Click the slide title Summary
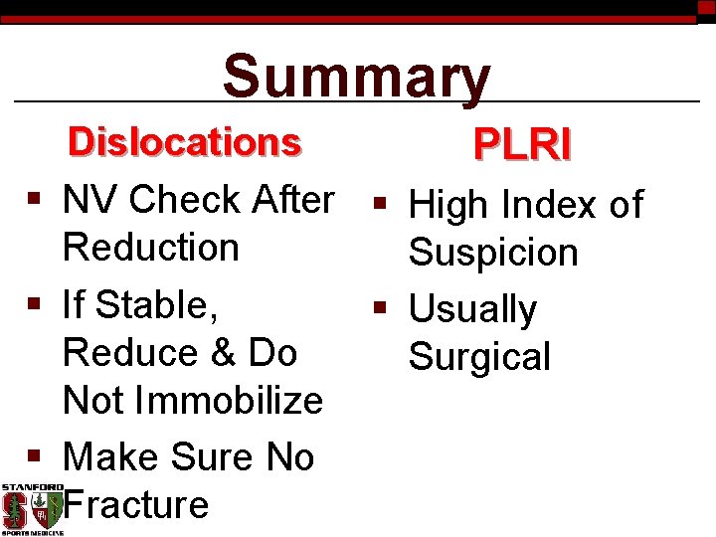tap(356, 78)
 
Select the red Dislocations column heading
tap(184, 142)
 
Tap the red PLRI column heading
tap(522, 145)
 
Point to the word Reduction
tap(150, 248)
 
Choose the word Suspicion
tap(493, 254)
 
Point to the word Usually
tap(472, 310)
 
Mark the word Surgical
tap(479, 357)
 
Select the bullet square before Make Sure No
tap(35, 456)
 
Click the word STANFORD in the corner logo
tap(32, 487)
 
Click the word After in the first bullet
tap(293, 200)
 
